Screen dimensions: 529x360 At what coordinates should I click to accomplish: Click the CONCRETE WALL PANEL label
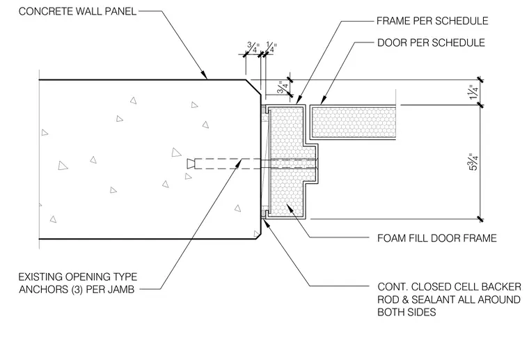77,11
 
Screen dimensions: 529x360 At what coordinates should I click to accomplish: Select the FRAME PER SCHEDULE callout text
432,21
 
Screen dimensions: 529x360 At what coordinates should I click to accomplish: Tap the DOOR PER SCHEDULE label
431,42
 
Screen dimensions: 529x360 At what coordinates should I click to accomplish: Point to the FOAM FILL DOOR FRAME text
437,238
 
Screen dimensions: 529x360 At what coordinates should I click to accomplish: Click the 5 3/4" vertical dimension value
473,162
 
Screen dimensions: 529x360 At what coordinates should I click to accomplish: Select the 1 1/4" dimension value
473,92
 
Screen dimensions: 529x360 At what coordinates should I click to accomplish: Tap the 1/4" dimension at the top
271,47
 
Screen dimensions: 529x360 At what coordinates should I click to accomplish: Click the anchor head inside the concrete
191,164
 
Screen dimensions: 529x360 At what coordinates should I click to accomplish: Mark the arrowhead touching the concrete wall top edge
203,75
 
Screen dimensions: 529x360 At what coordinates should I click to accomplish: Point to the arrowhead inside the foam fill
289,208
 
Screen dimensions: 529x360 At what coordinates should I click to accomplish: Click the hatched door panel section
353,122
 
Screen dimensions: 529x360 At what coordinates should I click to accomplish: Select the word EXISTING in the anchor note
40,277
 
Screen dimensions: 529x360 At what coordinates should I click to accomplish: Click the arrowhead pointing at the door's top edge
323,100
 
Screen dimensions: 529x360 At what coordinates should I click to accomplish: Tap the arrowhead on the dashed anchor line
239,163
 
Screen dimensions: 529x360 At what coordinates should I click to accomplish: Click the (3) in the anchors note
77,290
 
